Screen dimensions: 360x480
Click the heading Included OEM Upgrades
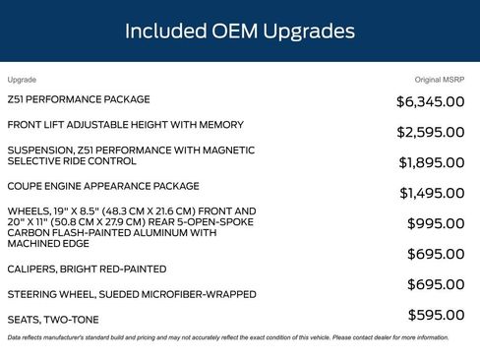[239, 31]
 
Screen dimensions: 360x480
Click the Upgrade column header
[22, 79]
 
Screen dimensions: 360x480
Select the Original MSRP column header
[441, 79]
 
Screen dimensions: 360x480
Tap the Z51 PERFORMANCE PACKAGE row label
[79, 99]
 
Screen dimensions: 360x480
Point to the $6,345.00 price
[431, 101]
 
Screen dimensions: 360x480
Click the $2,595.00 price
[431, 132]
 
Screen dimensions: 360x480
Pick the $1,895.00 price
[432, 162]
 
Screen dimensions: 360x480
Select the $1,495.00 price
[432, 193]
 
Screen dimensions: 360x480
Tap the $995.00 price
[436, 223]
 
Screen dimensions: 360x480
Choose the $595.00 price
[436, 315]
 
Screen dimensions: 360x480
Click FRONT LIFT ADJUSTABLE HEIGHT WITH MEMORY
[125, 125]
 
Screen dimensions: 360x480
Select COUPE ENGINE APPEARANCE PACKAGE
[103, 186]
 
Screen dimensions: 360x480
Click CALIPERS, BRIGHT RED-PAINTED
[87, 269]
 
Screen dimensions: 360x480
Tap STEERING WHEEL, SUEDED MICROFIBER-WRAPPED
[132, 294]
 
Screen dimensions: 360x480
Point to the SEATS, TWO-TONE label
[53, 320]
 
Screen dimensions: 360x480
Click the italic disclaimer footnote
[227, 337]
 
